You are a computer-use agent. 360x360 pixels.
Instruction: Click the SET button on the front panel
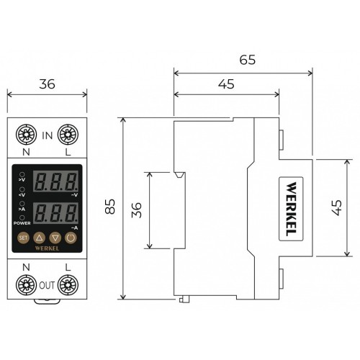pyautogui.click(x=23, y=237)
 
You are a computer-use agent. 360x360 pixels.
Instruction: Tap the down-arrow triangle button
pyautogui.click(x=55, y=237)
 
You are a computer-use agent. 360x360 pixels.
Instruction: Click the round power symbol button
pyautogui.click(x=71, y=237)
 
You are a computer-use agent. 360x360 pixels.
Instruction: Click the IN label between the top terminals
pyautogui.click(x=48, y=135)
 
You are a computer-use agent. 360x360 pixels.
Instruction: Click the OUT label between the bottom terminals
pyautogui.click(x=48, y=284)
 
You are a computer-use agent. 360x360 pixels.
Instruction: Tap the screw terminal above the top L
pyautogui.click(x=68, y=134)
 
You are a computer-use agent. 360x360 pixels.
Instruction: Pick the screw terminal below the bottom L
pyautogui.click(x=68, y=286)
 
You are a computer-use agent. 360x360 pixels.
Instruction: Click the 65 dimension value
pyautogui.click(x=247, y=60)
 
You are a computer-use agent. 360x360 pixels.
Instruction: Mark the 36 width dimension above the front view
pyautogui.click(x=47, y=84)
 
